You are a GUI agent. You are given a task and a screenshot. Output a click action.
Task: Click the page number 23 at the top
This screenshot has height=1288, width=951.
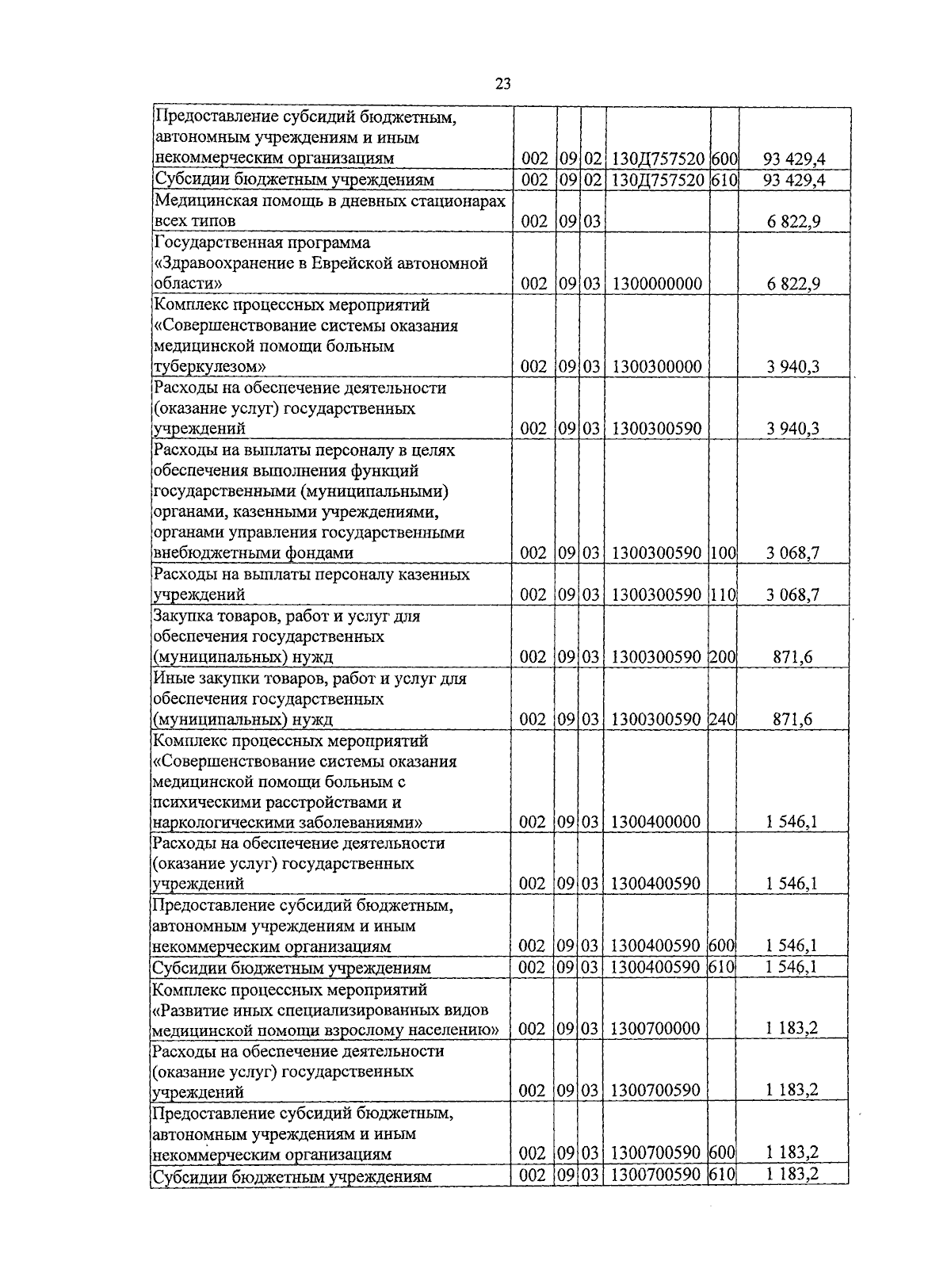502,85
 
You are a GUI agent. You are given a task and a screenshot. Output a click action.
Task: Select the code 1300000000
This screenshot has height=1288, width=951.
656,284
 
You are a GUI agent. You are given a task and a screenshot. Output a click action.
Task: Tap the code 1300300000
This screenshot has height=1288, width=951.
656,367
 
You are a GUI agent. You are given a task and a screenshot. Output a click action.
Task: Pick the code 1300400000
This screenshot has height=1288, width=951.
656,822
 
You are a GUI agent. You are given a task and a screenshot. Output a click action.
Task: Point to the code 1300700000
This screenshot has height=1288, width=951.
656,1029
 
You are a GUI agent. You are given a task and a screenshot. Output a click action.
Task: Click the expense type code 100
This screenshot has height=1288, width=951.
723,553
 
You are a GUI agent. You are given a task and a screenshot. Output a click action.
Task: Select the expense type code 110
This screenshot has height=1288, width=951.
723,594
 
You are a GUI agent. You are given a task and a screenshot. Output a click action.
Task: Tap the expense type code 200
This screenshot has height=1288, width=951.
723,657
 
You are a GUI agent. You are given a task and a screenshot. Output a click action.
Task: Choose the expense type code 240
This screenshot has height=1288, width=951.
723,720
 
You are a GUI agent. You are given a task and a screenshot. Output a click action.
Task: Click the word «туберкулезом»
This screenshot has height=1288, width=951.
208,367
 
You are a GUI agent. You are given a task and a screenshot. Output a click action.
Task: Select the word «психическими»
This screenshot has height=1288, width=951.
200,802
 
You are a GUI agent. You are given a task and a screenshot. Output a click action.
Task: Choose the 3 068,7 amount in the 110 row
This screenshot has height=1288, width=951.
792,594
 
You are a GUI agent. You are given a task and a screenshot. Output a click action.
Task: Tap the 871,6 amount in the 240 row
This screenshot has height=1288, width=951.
792,720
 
